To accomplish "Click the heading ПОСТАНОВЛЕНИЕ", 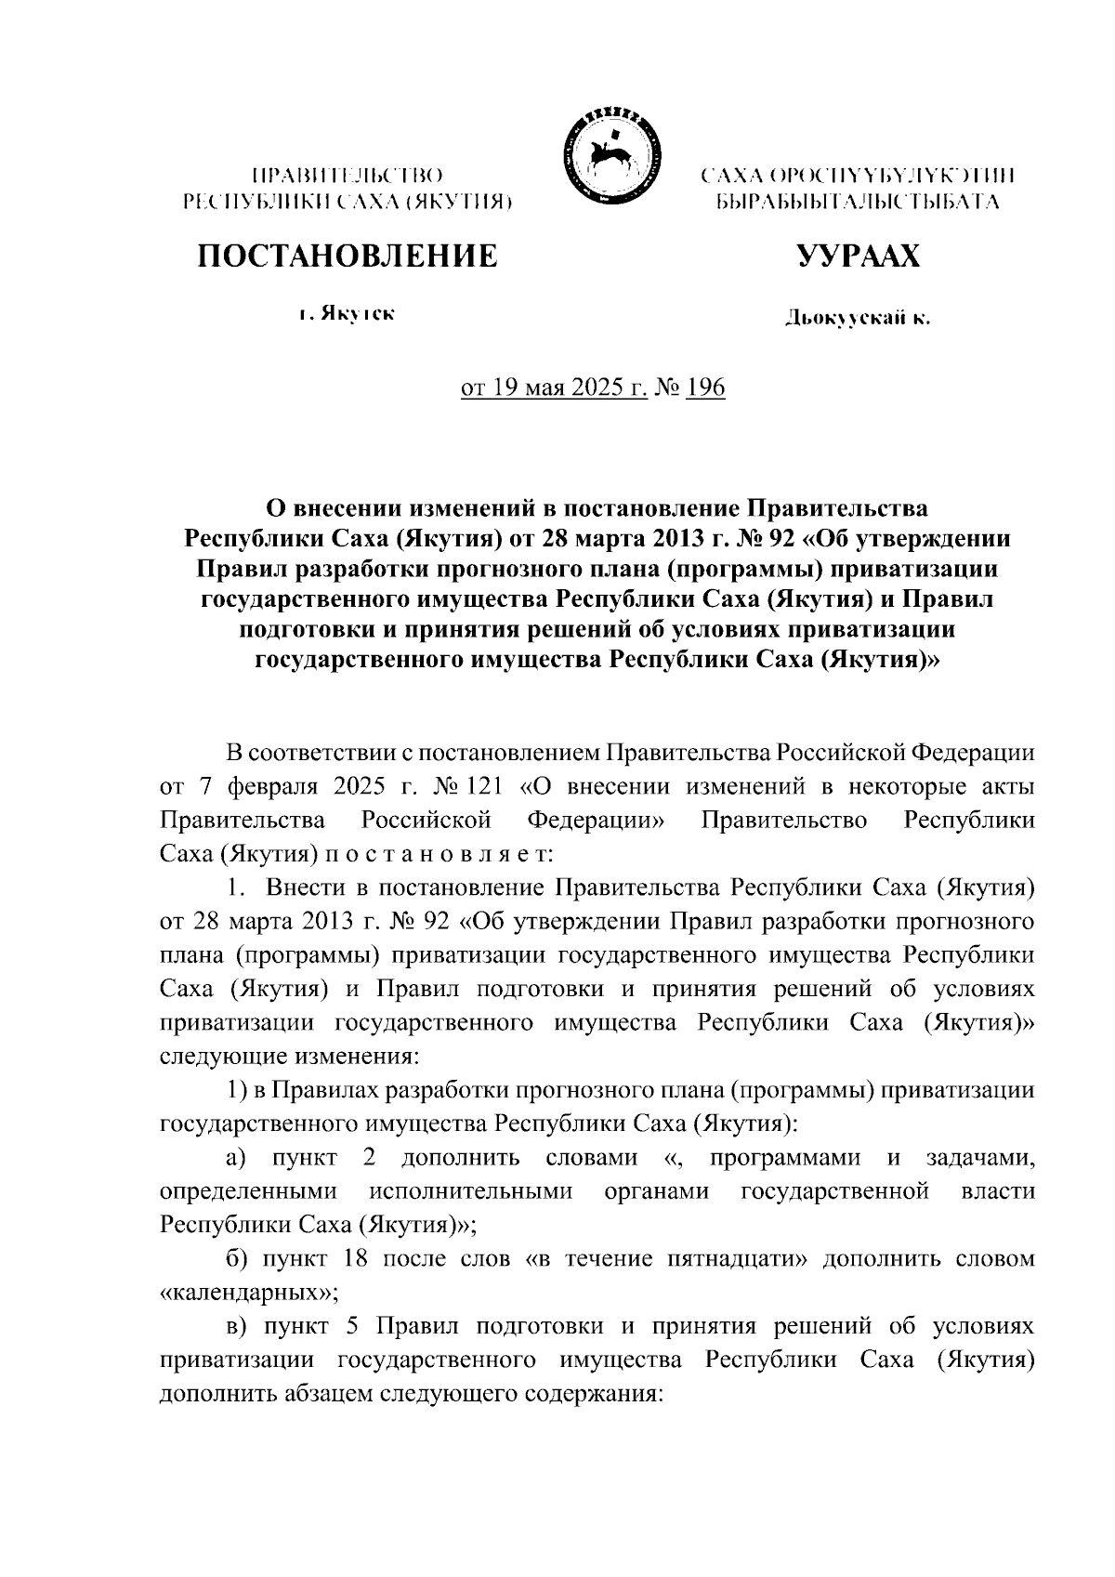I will point(348,256).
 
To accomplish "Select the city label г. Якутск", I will point(347,314).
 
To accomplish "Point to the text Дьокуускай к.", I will point(857,320).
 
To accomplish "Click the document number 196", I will point(705,387).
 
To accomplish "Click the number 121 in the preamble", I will point(479,786).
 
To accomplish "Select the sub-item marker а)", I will point(235,1158).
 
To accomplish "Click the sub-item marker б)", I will point(236,1259).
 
